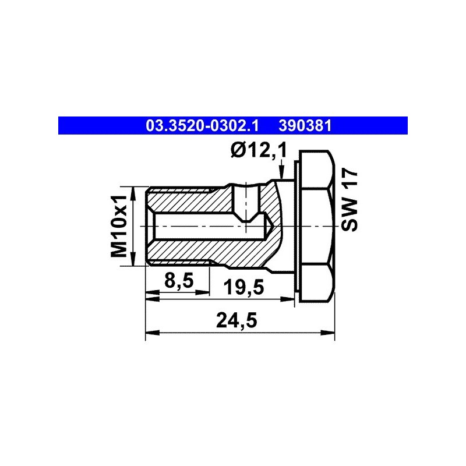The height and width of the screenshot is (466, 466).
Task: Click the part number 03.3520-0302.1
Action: point(202,126)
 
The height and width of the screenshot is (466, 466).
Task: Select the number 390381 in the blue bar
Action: point(305,126)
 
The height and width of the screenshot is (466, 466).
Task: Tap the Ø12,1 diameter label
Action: point(259,150)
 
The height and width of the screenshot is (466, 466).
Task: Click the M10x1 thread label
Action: point(119,226)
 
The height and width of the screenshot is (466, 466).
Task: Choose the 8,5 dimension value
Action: point(179,280)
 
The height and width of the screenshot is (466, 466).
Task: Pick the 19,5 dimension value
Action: point(243,287)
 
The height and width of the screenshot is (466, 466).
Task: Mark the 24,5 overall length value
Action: point(236,320)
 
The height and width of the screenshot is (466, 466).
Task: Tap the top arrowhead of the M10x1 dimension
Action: point(133,193)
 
